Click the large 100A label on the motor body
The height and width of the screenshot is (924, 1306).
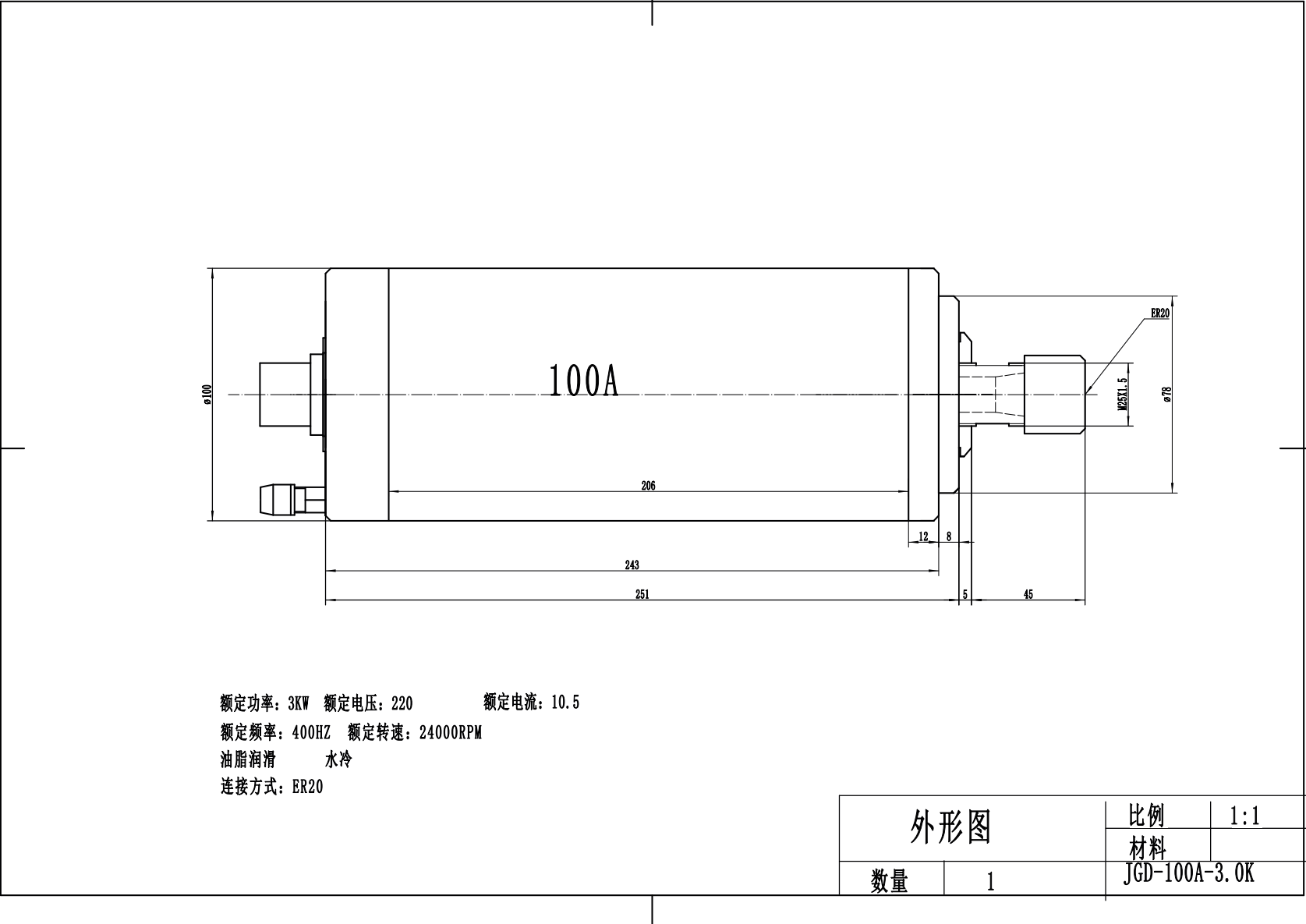coord(583,381)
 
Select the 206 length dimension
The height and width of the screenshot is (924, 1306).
coord(648,486)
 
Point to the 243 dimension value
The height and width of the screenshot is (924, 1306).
coord(632,565)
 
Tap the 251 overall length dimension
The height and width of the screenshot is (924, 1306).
coord(642,594)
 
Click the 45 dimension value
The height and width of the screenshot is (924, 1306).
coord(1028,594)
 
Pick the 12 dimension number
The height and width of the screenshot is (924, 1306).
coord(924,536)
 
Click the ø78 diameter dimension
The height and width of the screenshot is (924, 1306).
coord(1168,395)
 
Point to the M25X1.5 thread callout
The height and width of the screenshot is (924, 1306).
coord(1122,395)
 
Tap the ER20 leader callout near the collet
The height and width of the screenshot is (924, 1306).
coord(1160,313)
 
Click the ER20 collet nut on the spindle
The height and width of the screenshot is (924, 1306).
coord(1053,395)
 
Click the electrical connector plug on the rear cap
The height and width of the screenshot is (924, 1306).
coord(285,393)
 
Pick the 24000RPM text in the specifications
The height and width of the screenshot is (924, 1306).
coord(451,733)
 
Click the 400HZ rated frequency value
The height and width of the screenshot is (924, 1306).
coord(311,733)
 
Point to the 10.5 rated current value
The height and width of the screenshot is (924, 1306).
coord(565,703)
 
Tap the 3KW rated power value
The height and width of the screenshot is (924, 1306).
coord(299,703)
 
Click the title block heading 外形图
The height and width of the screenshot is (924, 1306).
coord(950,827)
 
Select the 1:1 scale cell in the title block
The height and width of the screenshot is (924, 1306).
coord(1244,816)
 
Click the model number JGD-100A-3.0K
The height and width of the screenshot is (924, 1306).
coord(1188,874)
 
